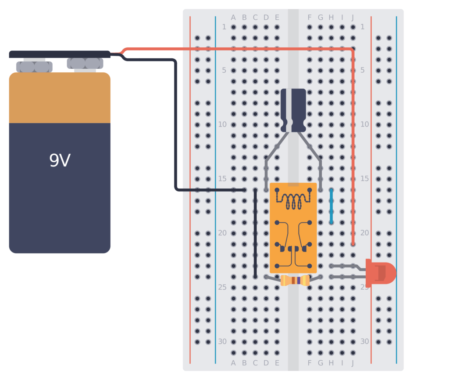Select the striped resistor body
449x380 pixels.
coord(295,281)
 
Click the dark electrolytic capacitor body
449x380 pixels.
coord(293,110)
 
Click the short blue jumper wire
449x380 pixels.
coord(331,206)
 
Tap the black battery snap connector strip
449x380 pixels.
coord(60,54)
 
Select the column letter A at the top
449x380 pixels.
coord(233,18)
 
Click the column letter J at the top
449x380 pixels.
coord(353,18)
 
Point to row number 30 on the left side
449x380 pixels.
coord(222,341)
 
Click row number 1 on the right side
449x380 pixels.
coord(362,27)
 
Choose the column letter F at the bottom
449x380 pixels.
coord(310,363)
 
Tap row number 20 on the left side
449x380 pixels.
coord(222,233)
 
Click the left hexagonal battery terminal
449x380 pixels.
coord(34,67)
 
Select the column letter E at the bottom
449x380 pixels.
coord(277,363)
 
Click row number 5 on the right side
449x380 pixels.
coord(362,70)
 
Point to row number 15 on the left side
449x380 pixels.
coord(222,179)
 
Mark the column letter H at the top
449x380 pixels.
coord(331,18)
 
